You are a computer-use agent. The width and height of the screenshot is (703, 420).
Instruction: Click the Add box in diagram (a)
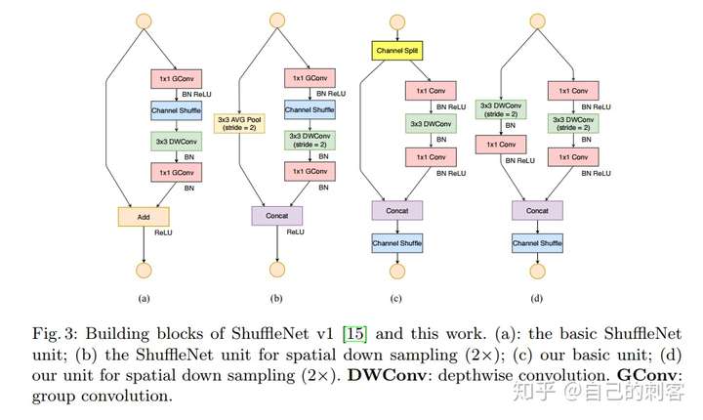[144, 216]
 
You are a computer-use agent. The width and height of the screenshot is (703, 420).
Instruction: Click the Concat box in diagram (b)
[277, 215]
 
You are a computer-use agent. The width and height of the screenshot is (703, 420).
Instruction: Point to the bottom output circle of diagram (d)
[537, 271]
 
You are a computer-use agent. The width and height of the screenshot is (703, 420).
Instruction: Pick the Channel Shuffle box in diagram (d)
[537, 241]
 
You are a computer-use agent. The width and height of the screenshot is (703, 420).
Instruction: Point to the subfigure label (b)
[277, 298]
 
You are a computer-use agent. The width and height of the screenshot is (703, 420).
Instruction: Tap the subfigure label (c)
[396, 298]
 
